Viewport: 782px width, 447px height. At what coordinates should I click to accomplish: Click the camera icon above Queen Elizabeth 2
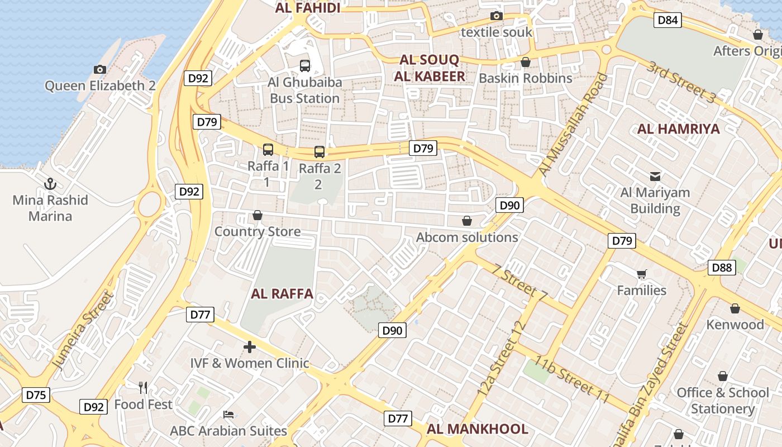(100, 69)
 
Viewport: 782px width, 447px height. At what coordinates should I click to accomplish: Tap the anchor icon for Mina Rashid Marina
(50, 183)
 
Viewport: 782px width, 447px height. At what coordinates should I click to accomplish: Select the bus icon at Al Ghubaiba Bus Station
(304, 66)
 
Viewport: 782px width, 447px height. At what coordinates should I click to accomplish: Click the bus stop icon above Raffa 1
(268, 150)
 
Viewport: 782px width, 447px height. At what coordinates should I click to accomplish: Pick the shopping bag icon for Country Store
(258, 215)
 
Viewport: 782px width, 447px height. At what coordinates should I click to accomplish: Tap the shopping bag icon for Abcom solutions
(467, 221)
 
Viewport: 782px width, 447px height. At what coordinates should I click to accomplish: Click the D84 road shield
(667, 21)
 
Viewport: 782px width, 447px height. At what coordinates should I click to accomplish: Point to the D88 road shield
(722, 268)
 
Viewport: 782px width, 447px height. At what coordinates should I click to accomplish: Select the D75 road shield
(36, 396)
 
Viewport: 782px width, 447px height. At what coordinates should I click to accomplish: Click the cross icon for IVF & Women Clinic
(250, 348)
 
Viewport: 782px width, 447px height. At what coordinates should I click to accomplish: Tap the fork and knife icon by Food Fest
(143, 388)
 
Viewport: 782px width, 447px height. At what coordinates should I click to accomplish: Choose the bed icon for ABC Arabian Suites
(228, 415)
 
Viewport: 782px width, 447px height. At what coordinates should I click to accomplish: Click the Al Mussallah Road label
(573, 124)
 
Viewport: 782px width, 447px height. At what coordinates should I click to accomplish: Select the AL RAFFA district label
(282, 294)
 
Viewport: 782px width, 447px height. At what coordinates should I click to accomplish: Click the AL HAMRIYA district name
(678, 129)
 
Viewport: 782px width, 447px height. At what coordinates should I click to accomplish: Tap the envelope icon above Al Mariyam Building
(655, 177)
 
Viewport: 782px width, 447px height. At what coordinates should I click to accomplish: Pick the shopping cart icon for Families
(642, 274)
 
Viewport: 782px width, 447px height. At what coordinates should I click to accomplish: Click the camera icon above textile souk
(496, 16)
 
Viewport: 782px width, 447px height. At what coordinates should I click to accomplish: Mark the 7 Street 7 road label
(519, 282)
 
